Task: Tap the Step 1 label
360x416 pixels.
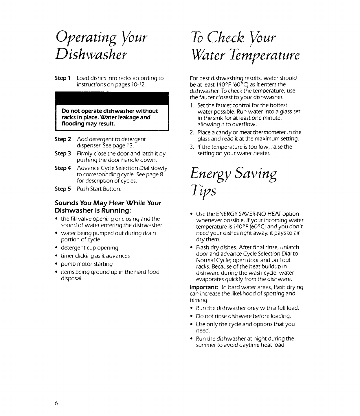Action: point(63,78)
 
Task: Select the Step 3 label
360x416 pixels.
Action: point(63,154)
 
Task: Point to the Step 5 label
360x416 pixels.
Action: point(63,189)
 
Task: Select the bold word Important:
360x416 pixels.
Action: point(204,287)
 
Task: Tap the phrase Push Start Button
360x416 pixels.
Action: point(99,189)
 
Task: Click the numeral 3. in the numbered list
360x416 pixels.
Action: point(192,147)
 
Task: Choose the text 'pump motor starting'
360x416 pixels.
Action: point(87,264)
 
